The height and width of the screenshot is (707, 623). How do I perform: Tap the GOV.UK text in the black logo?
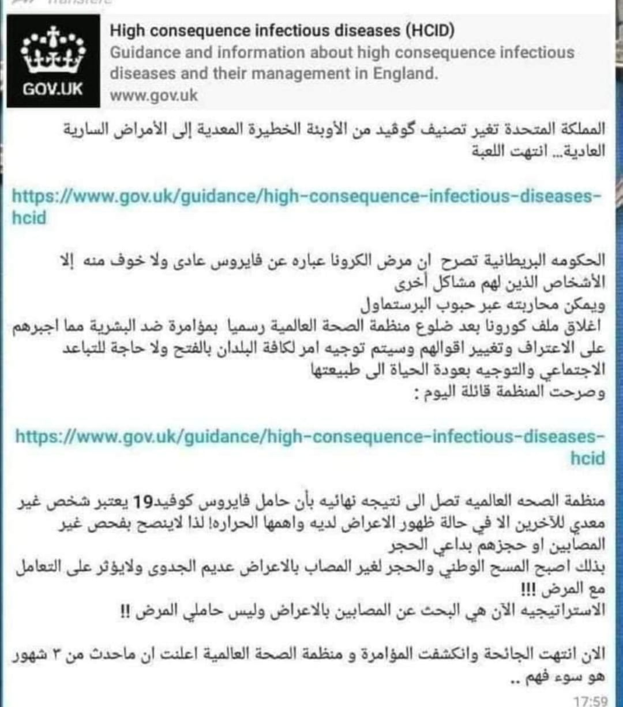point(53,89)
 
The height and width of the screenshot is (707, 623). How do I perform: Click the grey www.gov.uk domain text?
point(153,95)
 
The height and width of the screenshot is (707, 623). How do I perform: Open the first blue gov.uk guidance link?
point(306,197)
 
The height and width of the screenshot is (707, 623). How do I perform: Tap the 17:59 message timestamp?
point(591,701)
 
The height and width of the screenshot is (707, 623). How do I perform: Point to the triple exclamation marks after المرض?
point(528,589)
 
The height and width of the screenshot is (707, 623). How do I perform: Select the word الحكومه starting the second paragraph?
point(582,260)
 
